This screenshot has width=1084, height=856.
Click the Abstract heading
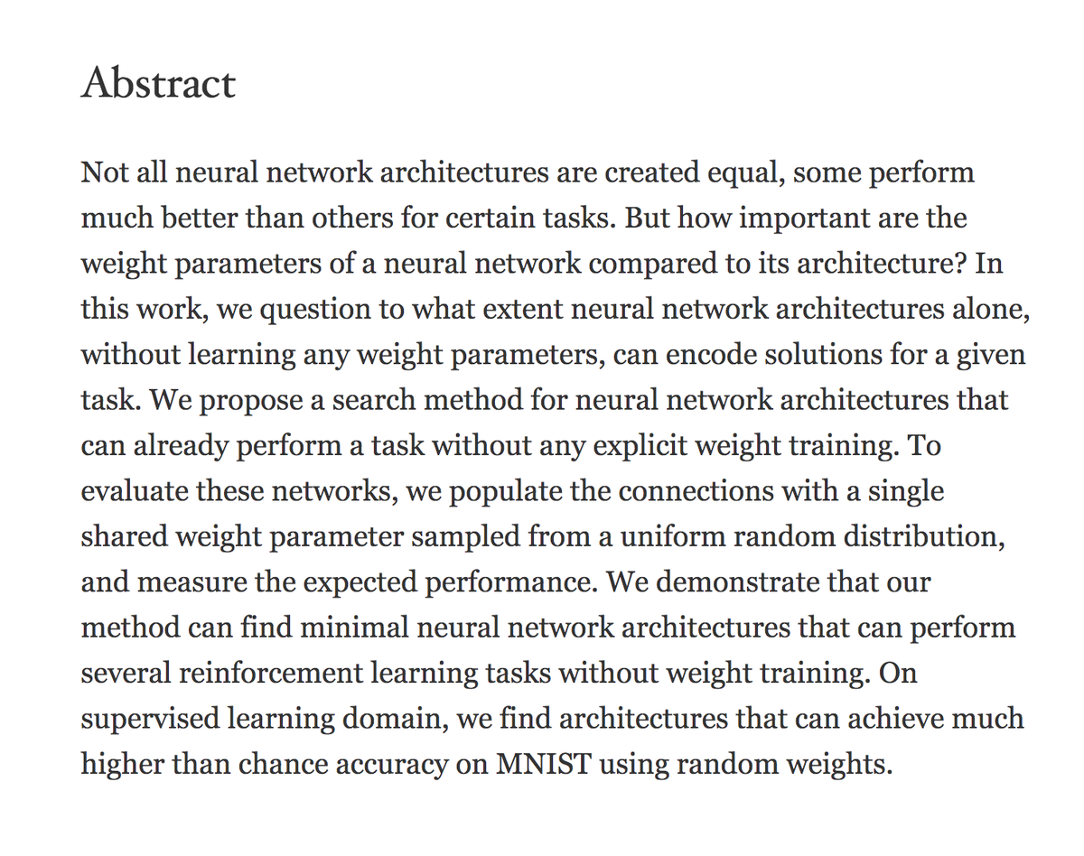158,84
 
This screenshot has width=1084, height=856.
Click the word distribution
930,536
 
